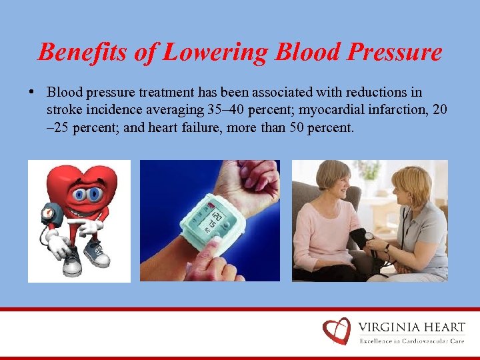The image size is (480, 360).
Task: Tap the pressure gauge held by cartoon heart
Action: (48, 215)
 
